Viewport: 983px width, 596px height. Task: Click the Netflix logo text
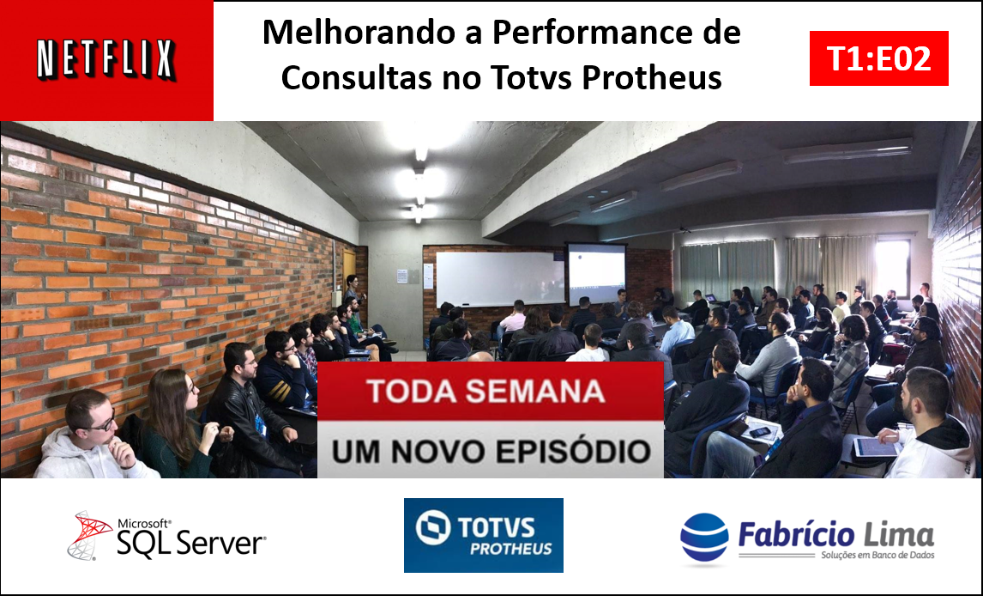click(106, 59)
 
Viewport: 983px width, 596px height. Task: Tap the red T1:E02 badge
click(879, 58)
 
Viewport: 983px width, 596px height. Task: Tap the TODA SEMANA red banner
click(491, 390)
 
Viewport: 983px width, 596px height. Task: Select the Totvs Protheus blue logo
click(483, 535)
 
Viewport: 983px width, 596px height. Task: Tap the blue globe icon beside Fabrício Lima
click(704, 537)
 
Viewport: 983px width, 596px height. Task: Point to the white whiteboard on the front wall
click(500, 279)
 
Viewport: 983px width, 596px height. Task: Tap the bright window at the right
click(892, 266)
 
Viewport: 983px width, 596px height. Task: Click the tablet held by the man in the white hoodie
click(876, 447)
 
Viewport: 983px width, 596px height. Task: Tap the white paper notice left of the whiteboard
click(401, 276)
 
